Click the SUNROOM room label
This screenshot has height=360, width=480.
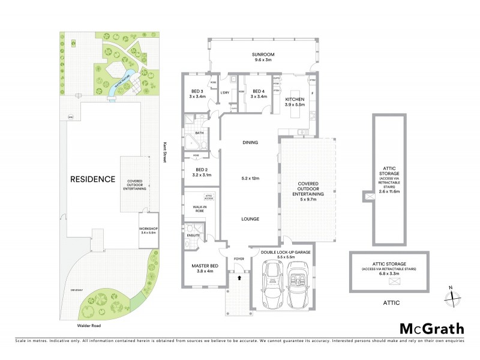(x=262, y=54)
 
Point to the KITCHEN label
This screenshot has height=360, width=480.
(x=295, y=100)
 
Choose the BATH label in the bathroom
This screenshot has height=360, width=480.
(x=199, y=133)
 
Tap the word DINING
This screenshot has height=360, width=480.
(x=250, y=143)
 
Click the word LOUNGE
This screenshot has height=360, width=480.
(x=250, y=219)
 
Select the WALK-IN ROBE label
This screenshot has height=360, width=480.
(x=200, y=209)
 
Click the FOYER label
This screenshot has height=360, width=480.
(x=239, y=260)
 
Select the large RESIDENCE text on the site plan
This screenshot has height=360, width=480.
(x=92, y=179)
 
